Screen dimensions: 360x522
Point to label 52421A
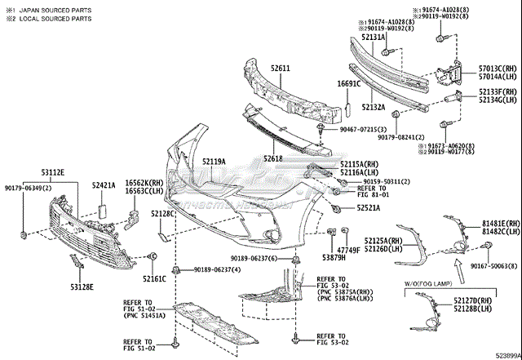pyautogui.click(x=104, y=185)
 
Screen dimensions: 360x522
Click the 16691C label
pyautogui.click(x=349, y=84)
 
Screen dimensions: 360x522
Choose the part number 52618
pyautogui.click(x=273, y=158)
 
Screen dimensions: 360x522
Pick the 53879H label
pyautogui.click(x=334, y=257)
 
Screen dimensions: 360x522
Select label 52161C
pyautogui.click(x=154, y=279)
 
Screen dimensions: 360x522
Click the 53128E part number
pyautogui.click(x=81, y=287)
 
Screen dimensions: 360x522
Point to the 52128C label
pyautogui.click(x=163, y=214)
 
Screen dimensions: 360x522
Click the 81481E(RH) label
pyautogui.click(x=500, y=223)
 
